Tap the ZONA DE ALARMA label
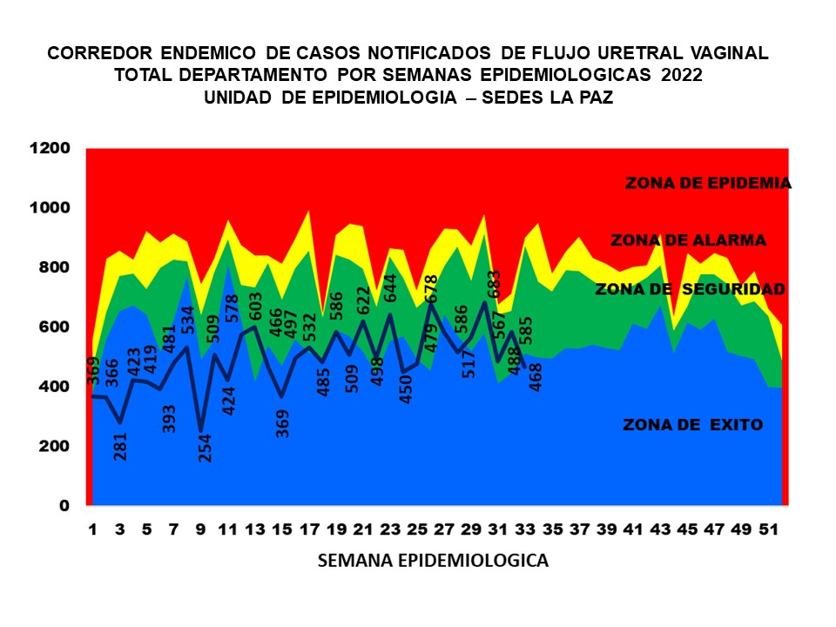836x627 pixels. pos(688,240)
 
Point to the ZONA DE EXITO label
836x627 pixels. pos(692,425)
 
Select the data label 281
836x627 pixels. pos(121,445)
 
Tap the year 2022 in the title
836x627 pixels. pos(682,76)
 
